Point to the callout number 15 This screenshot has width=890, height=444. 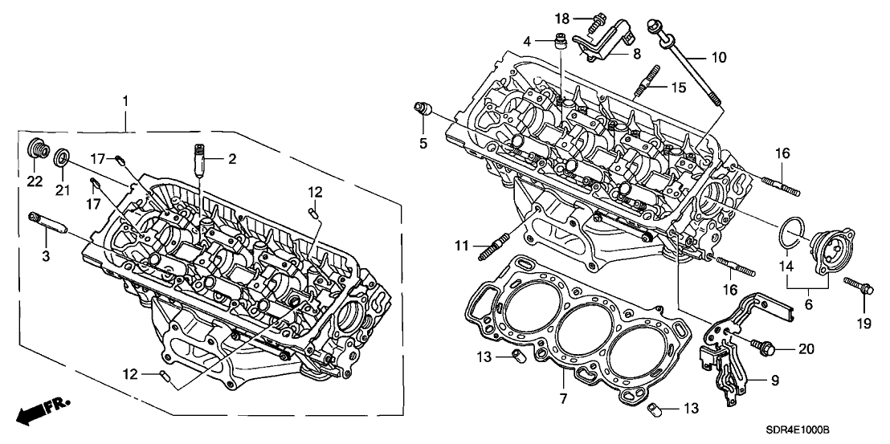tap(679, 87)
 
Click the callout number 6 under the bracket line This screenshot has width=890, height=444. tap(808, 304)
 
